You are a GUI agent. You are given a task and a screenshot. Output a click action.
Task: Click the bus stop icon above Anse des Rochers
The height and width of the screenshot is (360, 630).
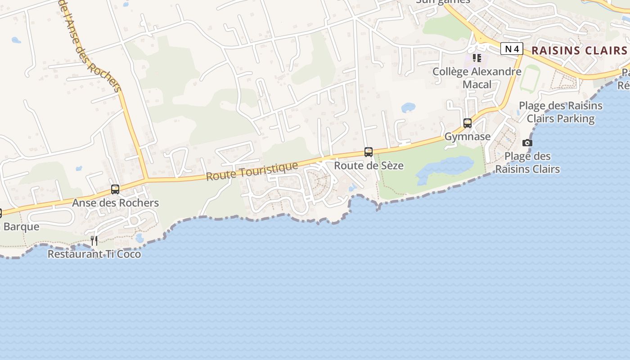point(115,189)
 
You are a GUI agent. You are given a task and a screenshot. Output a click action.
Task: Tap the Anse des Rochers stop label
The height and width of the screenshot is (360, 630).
point(116,203)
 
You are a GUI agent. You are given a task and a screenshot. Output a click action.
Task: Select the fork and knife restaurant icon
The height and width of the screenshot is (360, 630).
point(94,241)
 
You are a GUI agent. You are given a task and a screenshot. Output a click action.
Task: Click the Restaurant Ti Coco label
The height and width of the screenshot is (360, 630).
point(94,254)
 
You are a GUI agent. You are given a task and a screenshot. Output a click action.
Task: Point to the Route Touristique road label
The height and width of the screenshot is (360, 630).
point(252,171)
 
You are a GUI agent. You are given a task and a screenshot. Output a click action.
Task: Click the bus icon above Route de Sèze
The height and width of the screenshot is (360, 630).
point(369,152)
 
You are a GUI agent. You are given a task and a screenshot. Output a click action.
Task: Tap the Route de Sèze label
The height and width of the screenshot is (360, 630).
point(369,166)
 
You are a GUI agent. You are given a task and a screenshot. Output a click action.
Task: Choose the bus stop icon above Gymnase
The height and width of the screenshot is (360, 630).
point(468,123)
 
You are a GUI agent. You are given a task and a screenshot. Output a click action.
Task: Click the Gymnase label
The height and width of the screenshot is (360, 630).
point(468,136)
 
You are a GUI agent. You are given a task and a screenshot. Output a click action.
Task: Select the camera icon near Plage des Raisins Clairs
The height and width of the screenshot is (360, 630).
point(527,143)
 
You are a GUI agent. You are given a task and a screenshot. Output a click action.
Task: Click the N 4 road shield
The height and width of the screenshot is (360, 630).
point(512,49)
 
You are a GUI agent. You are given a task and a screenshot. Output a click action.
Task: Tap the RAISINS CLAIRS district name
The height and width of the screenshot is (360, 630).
point(579,50)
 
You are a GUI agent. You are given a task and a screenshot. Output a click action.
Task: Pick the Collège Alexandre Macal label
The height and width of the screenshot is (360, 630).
point(477,78)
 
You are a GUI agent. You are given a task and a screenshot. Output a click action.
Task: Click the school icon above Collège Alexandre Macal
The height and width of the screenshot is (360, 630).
point(477,58)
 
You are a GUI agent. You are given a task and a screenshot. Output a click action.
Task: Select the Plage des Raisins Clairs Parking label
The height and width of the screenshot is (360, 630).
point(561,112)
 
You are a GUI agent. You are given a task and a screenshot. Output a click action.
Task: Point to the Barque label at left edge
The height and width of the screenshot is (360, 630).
point(21,226)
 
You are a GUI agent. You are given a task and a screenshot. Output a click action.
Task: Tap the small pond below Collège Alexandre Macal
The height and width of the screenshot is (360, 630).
point(408,108)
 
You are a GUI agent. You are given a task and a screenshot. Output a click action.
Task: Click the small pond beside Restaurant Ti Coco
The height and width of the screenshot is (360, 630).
point(139,238)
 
